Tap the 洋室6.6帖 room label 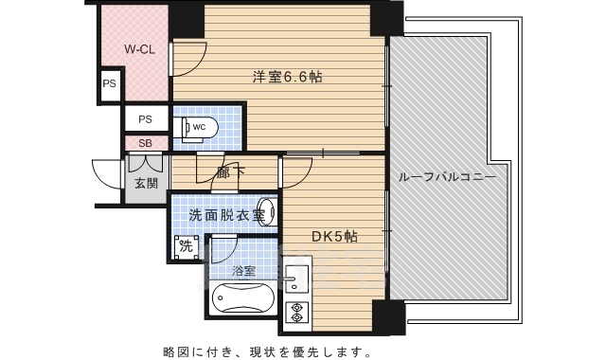click(x=287, y=77)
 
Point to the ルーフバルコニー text click(x=447, y=176)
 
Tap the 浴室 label click(x=244, y=270)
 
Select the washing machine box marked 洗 click(x=185, y=244)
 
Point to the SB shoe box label click(x=145, y=144)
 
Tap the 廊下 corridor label click(x=228, y=172)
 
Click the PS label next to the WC click(x=145, y=119)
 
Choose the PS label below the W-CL click(x=109, y=82)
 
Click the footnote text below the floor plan click(x=265, y=352)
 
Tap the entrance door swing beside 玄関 click(x=107, y=173)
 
